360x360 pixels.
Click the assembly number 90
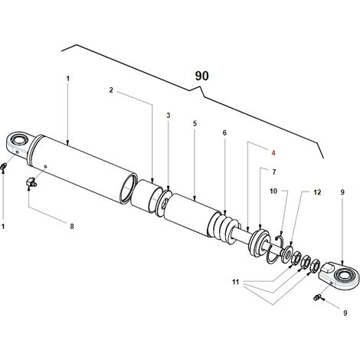[201, 76]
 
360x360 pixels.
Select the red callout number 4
[273, 153]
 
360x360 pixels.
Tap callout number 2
[111, 90]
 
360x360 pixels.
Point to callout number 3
[169, 116]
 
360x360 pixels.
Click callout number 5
[195, 123]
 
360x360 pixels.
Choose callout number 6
[224, 133]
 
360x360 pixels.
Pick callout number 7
[274, 172]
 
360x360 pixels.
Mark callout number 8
[72, 226]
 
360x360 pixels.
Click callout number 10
[273, 191]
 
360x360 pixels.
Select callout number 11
[235, 282]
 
